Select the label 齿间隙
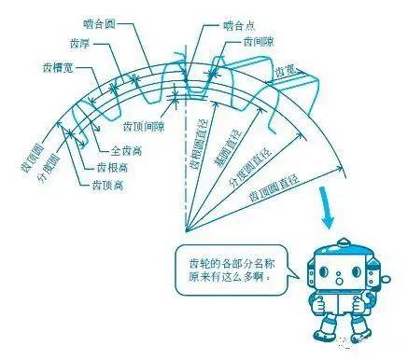point(260,43)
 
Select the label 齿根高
point(111,167)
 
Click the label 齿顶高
point(110,186)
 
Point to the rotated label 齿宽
point(286,71)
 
